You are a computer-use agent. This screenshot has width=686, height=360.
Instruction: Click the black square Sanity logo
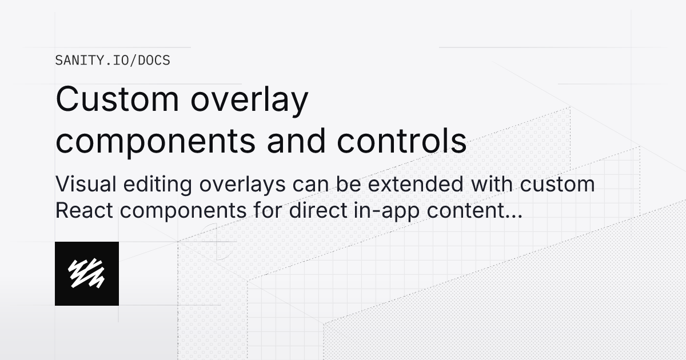pos(87,274)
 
